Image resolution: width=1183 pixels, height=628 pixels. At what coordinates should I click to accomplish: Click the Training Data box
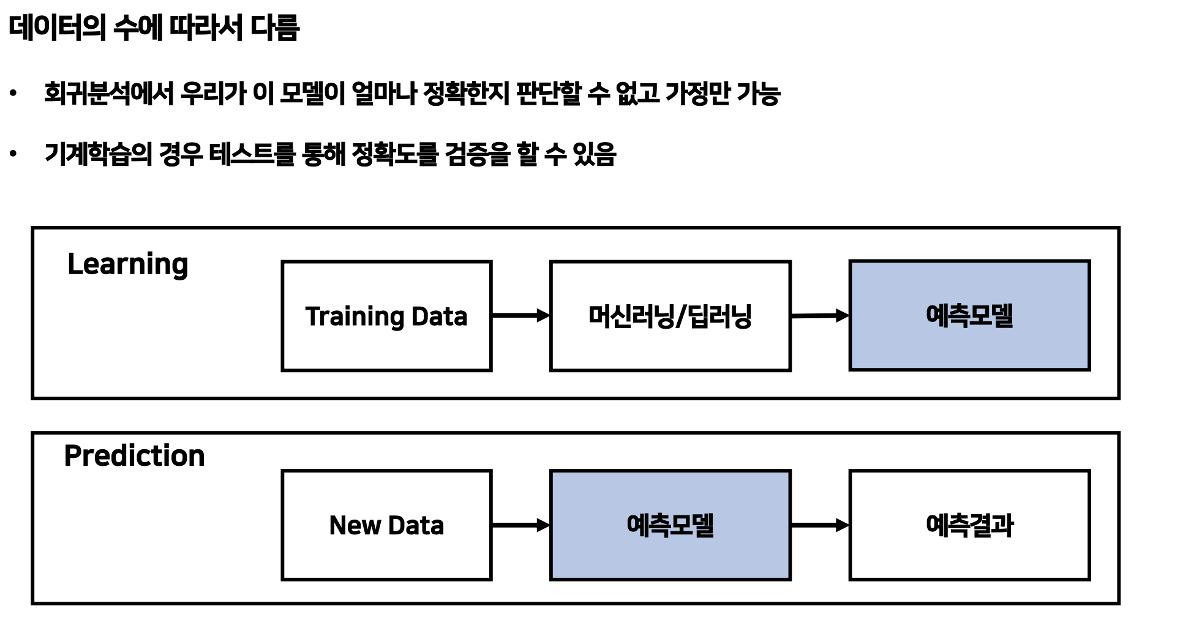tap(386, 316)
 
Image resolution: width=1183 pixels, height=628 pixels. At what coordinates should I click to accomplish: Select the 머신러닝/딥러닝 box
tap(670, 316)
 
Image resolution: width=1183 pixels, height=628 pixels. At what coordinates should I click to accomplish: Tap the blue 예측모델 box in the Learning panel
tap(969, 315)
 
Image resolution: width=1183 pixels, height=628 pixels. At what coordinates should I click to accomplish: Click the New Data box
tap(386, 525)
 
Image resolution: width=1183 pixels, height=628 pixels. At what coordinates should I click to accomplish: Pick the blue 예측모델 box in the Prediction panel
tap(670, 525)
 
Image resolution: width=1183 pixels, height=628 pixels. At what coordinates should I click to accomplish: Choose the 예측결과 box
tap(969, 525)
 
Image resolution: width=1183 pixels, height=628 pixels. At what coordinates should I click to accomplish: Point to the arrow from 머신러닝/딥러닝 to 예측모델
tap(820, 316)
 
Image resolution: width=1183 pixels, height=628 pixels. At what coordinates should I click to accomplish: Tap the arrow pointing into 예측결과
tap(820, 525)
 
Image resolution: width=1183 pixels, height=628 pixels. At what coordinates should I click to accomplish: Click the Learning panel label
tap(127, 264)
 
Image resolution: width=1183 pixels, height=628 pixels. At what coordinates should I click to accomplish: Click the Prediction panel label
tap(134, 456)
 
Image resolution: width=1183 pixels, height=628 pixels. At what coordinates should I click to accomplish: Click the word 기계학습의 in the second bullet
tap(98, 154)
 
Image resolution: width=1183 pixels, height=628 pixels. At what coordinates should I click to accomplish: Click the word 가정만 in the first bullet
tap(697, 94)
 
